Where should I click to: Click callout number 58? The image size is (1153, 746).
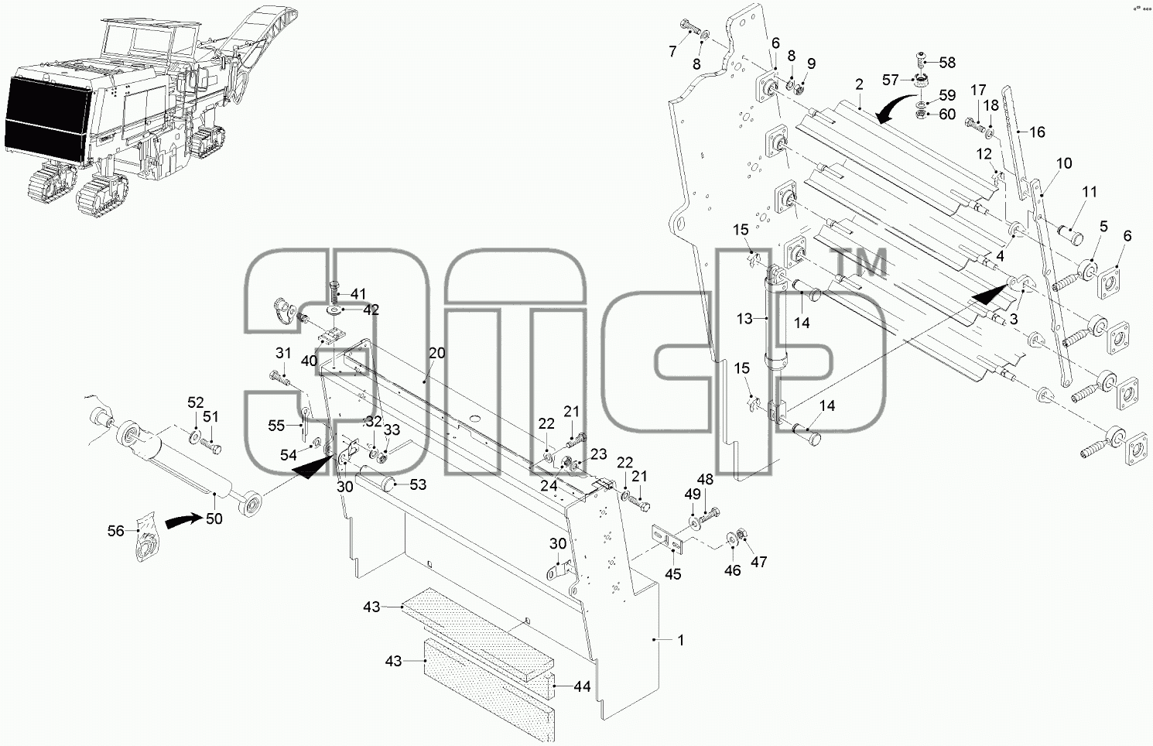(947, 63)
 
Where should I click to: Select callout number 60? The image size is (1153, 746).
(947, 114)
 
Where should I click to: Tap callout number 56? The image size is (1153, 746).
(116, 531)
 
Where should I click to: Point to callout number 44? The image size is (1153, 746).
(582, 686)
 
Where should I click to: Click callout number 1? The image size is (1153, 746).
(681, 640)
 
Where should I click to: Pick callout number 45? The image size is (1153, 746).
(672, 574)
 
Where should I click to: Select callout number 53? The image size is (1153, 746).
(418, 484)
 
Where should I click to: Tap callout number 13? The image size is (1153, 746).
(744, 319)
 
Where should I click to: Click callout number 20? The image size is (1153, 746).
(437, 353)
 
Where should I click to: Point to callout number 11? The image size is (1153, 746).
(1090, 192)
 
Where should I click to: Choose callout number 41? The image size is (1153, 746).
(358, 294)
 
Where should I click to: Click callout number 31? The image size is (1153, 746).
(283, 353)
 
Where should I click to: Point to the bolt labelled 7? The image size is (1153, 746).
(690, 27)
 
